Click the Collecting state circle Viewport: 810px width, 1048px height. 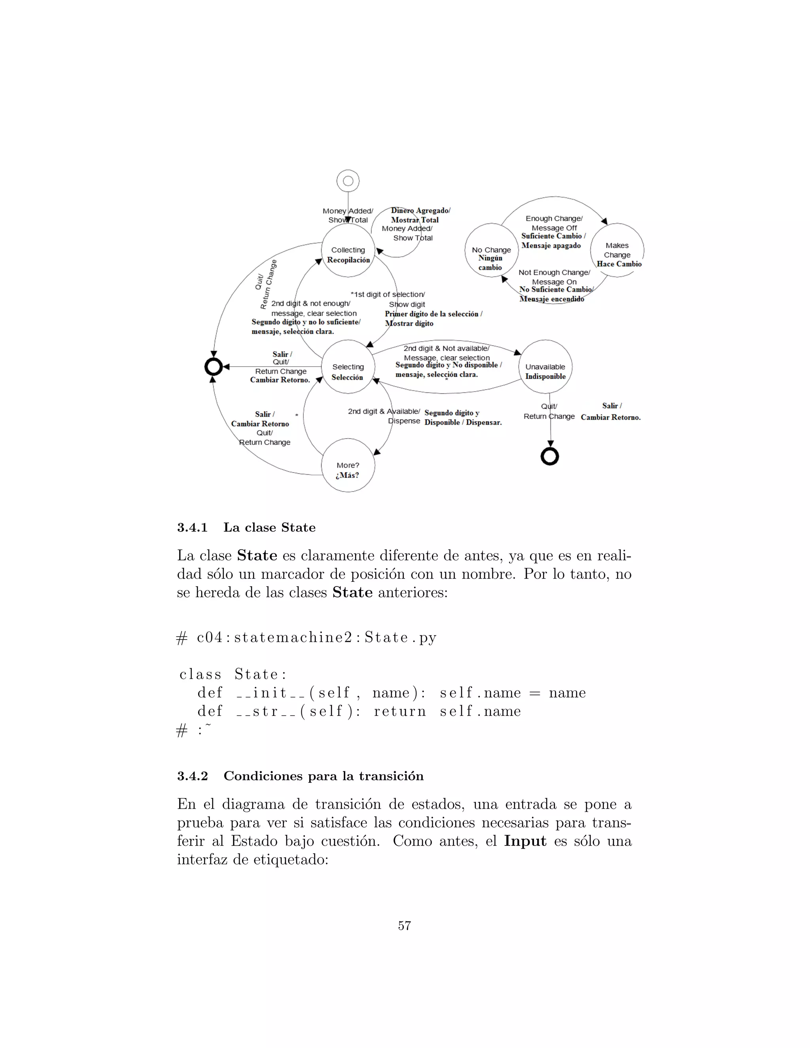click(348, 250)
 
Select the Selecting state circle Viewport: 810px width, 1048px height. click(348, 367)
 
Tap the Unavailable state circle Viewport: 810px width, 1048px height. click(545, 367)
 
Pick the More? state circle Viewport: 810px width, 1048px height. click(348, 465)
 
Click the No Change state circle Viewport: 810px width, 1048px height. click(491, 250)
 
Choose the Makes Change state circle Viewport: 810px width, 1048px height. click(617, 250)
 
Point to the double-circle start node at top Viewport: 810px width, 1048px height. click(348, 181)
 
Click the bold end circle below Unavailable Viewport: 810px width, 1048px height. click(550, 456)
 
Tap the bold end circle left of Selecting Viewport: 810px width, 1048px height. click(214, 367)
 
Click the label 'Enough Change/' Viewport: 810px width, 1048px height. click(554, 219)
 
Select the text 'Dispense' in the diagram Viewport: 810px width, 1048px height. click(404, 421)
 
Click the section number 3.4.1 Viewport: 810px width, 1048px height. click(193, 528)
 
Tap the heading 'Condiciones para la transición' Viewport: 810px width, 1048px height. click(324, 776)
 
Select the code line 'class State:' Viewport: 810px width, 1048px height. click(233, 674)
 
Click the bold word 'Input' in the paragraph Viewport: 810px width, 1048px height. click(525, 841)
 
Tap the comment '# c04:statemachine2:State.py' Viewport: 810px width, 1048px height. click(307, 638)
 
